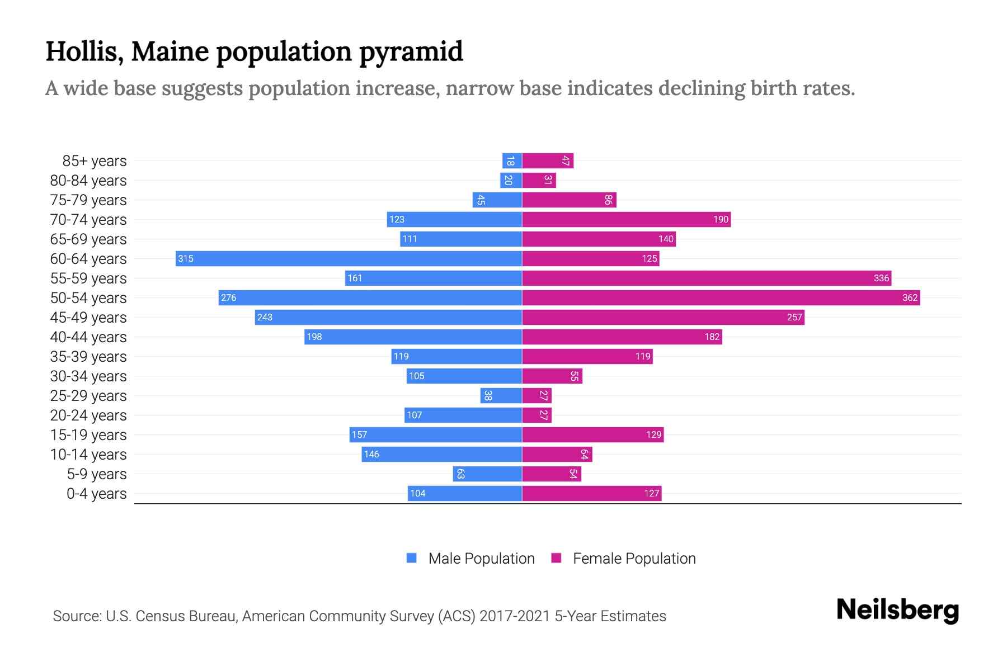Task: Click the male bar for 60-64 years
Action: (349, 258)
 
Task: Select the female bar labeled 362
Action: (721, 297)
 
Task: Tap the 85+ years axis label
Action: (95, 161)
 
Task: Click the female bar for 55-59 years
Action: (706, 278)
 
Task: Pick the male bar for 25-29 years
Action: (501, 395)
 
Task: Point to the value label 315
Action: (186, 258)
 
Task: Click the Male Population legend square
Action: (412, 558)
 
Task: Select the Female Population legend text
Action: (634, 558)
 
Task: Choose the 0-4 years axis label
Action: (96, 494)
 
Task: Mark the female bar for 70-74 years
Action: (626, 219)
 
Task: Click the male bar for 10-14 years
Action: (441, 454)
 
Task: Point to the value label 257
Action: (794, 317)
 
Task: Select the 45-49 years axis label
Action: (88, 318)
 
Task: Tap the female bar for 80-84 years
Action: (539, 180)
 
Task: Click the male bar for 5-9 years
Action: (487, 474)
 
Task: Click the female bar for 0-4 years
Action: (591, 493)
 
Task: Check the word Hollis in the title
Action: (84, 52)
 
